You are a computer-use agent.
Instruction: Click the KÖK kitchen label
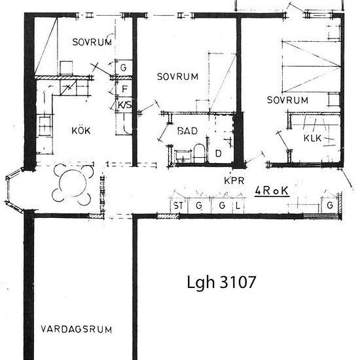[x=81, y=130]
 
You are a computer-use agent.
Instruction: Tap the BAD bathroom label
[x=188, y=131]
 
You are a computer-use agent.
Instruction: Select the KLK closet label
[x=312, y=138]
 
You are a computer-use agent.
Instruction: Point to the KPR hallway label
[x=234, y=181]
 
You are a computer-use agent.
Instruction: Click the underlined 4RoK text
[x=272, y=190]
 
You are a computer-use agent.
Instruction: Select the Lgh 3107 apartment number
[x=221, y=282]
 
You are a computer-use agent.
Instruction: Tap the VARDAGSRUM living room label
[x=77, y=329]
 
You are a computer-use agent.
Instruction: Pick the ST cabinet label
[x=179, y=206]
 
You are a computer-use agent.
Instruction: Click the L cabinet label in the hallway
[x=238, y=206]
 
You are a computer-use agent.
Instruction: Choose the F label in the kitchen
[x=124, y=89]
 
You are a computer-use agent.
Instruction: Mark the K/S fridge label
[x=124, y=105]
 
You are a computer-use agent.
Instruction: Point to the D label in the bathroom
[x=219, y=153]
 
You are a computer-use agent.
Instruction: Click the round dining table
[x=73, y=183]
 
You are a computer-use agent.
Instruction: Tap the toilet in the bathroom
[x=199, y=153]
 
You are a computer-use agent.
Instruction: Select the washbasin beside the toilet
[x=183, y=156]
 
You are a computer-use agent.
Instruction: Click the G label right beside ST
[x=199, y=206]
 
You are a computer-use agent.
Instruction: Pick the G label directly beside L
[x=222, y=206]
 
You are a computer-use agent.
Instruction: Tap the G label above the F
[x=124, y=67]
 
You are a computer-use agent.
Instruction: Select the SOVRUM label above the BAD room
[x=177, y=77]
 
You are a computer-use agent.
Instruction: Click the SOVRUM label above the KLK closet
[x=287, y=100]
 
